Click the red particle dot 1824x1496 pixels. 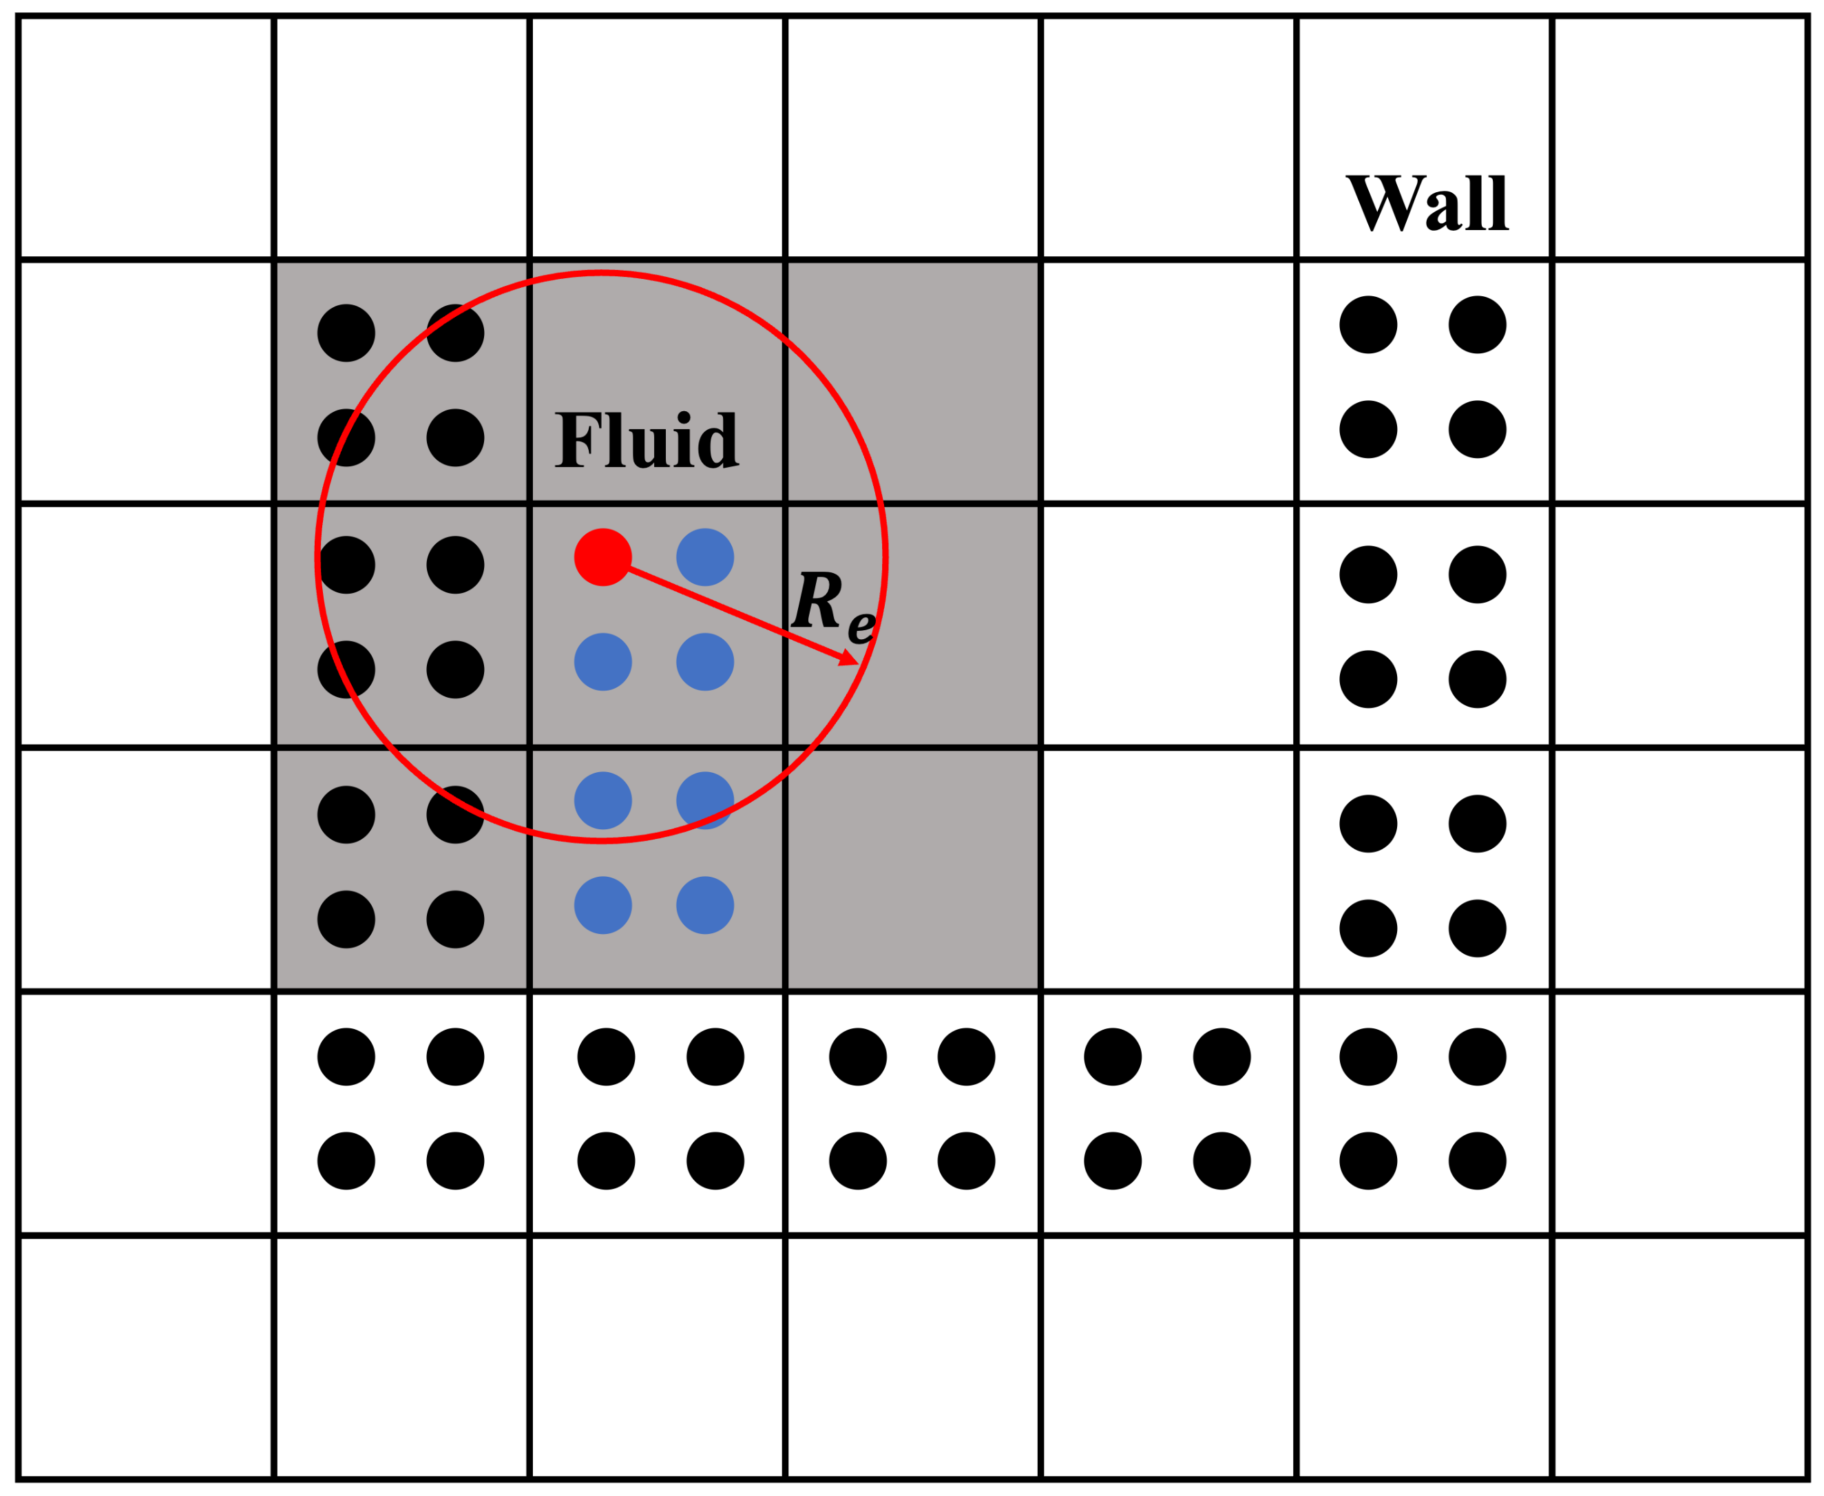[602, 557]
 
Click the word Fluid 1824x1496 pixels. [646, 439]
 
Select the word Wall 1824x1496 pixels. [1427, 202]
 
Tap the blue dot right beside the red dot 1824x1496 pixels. [705, 557]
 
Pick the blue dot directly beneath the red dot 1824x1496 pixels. [602, 662]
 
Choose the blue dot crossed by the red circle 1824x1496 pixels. [705, 800]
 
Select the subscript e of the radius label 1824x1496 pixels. [861, 627]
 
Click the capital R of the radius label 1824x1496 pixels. [816, 600]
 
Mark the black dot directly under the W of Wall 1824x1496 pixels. [1368, 325]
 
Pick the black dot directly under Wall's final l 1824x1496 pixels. [1478, 325]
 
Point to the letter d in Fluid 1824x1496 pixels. [717, 441]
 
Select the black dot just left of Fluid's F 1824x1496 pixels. [455, 438]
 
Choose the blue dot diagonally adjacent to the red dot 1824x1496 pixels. [705, 662]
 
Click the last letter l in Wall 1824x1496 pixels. [1498, 202]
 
